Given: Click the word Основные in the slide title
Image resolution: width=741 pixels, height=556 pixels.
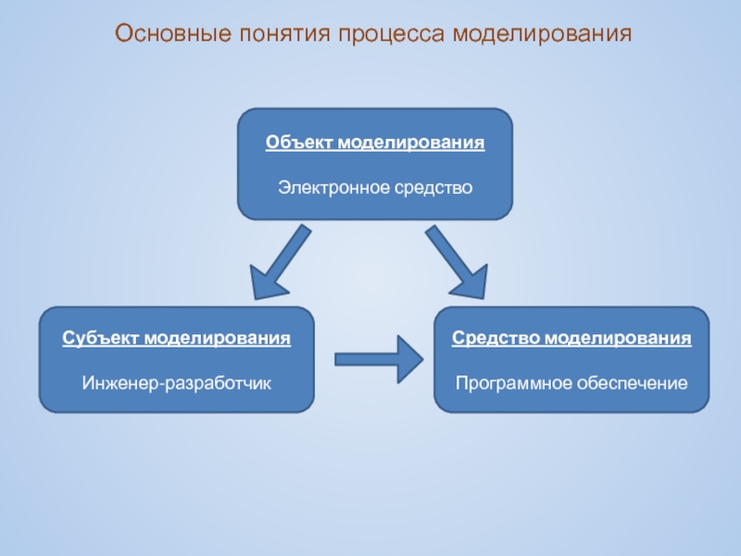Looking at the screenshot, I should (173, 35).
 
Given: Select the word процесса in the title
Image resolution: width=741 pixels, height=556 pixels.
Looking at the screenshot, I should (393, 35).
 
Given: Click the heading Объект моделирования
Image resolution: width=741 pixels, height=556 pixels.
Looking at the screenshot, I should (375, 144).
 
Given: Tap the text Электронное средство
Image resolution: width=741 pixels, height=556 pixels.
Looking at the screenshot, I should (375, 188).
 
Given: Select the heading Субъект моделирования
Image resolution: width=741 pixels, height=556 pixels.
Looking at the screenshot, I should (176, 338).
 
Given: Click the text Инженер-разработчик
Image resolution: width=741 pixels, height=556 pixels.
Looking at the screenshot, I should (176, 382).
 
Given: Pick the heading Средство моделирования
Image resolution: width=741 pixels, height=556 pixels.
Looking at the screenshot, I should (571, 338).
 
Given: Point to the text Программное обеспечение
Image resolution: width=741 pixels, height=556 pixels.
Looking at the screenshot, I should (571, 382).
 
